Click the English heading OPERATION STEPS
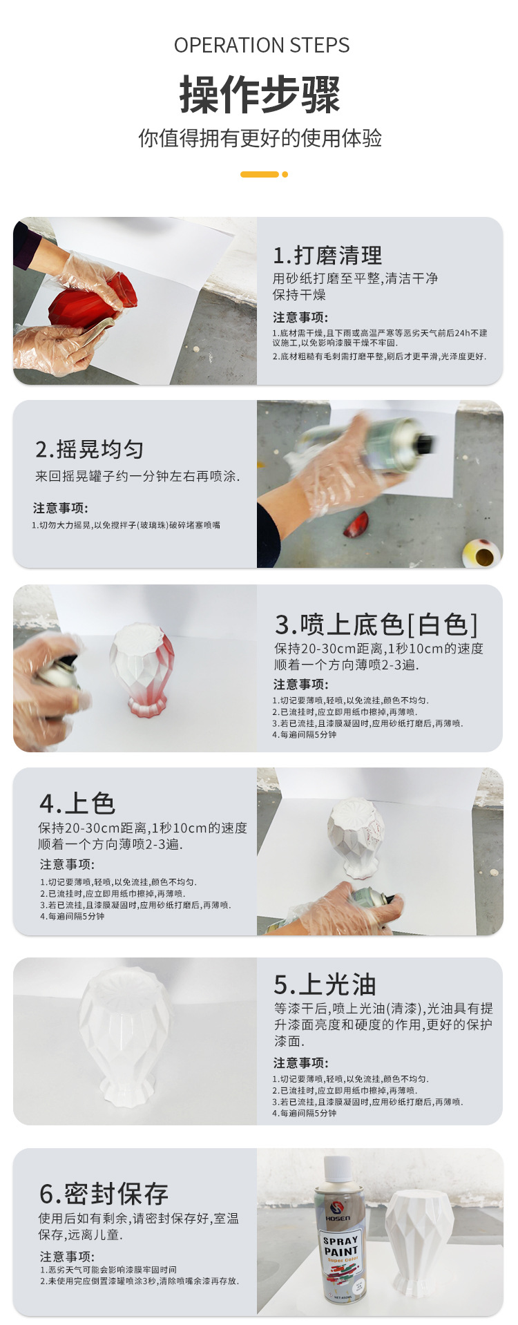click(262, 46)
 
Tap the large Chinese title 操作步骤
click(260, 95)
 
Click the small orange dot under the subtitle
click(285, 174)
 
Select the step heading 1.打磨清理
click(327, 256)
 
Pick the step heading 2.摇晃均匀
click(89, 450)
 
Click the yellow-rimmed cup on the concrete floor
click(481, 553)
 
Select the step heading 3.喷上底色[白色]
click(376, 625)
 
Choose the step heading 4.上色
click(77, 803)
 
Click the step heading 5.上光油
click(325, 984)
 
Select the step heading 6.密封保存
click(104, 1194)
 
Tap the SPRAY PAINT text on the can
click(340, 1247)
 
